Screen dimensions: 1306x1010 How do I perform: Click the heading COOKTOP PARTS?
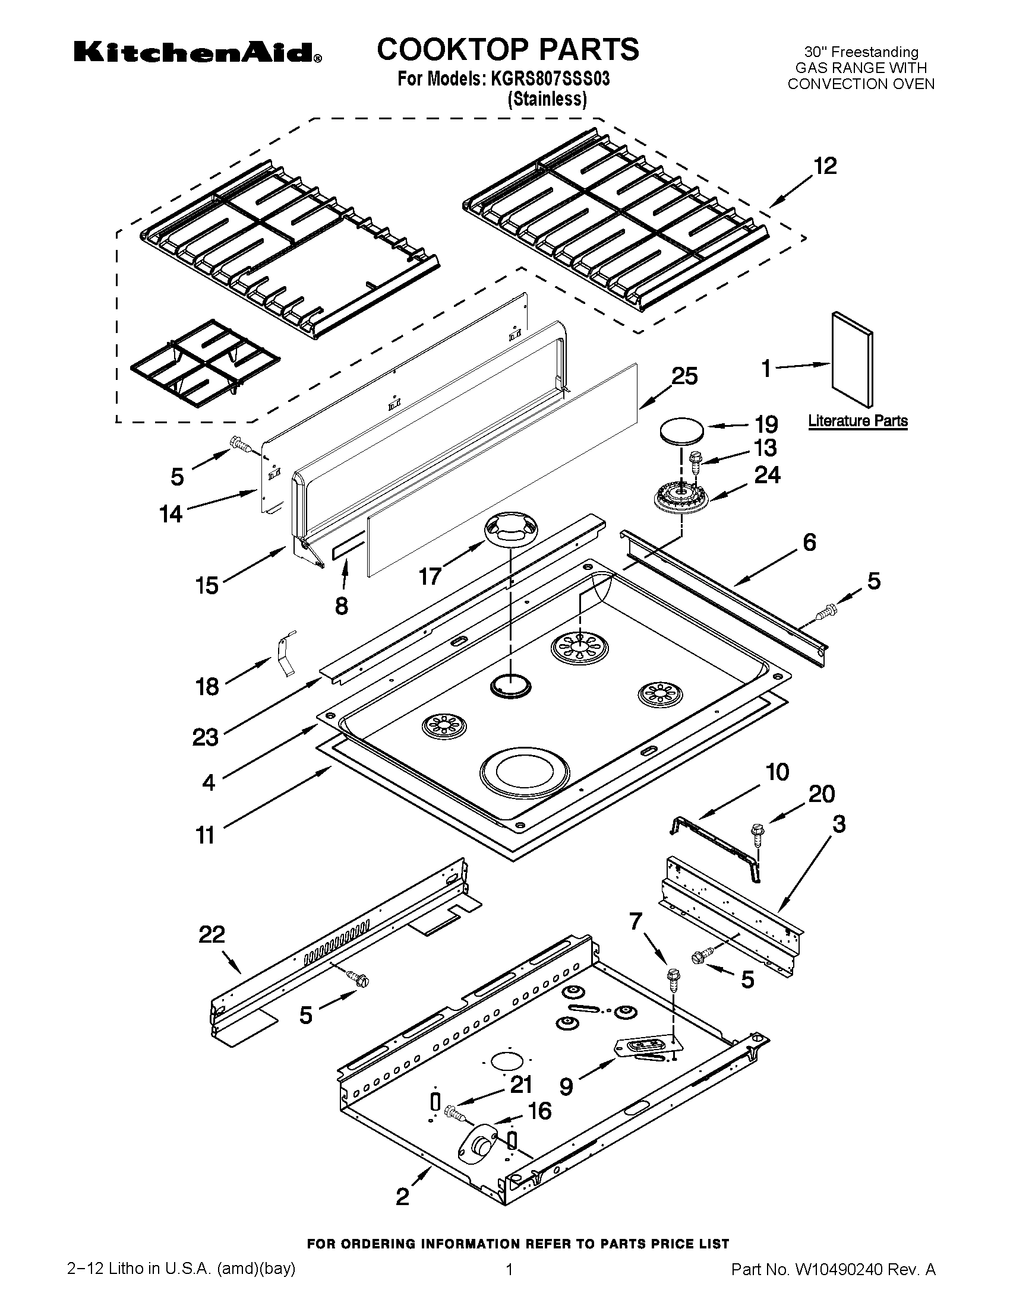pyautogui.click(x=507, y=49)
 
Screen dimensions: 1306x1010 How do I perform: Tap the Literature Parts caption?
pyautogui.click(x=857, y=421)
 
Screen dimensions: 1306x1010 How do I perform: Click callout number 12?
pyautogui.click(x=825, y=166)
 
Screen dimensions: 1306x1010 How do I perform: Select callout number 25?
pyautogui.click(x=684, y=376)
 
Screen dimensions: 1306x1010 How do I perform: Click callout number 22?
pyautogui.click(x=212, y=934)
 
